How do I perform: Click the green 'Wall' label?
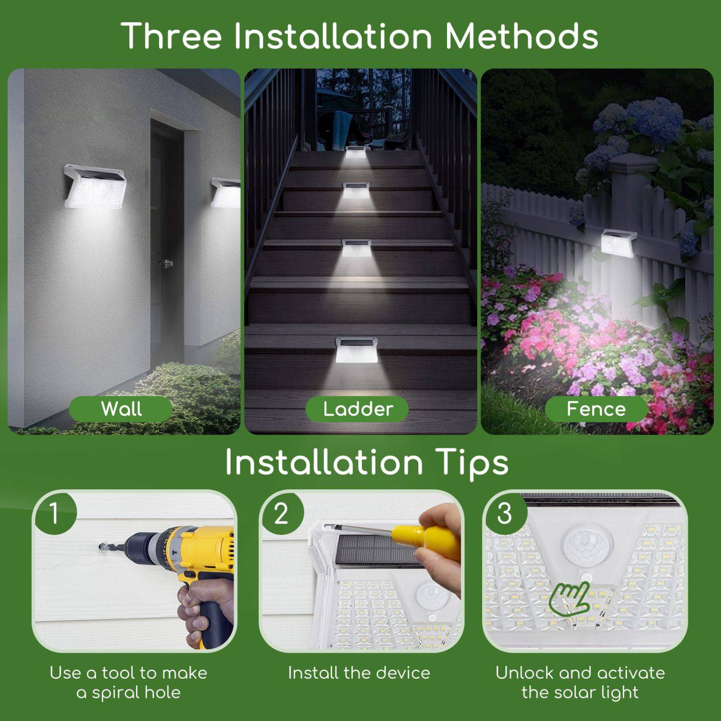pos(121,409)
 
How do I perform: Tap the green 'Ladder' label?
pos(358,409)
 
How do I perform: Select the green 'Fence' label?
pos(596,409)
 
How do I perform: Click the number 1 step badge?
pos(54,513)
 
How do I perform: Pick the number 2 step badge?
pos(281,513)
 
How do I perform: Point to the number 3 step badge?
pos(504,513)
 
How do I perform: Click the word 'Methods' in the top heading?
pos(521,36)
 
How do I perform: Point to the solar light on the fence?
pos(619,242)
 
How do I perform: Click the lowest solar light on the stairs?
pos(357,351)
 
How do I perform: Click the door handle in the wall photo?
pos(166,263)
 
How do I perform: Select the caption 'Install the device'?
pos(359,673)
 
